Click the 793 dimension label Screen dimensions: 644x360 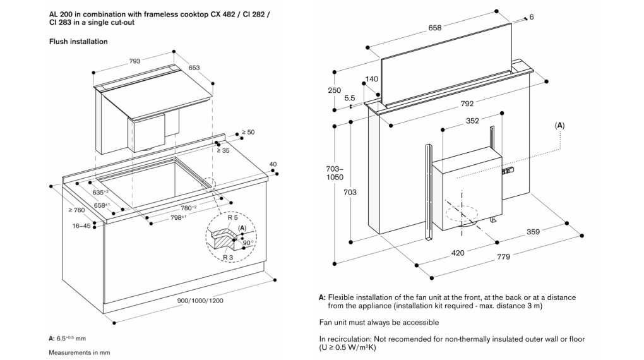point(134,61)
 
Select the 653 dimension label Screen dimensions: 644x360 point(194,68)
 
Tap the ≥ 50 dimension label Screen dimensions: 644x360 point(248,133)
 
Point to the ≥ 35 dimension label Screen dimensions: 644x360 point(224,150)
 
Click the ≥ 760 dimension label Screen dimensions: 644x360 point(77,210)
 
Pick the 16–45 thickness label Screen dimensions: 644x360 point(81,225)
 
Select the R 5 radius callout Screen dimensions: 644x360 point(232,217)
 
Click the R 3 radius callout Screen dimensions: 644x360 point(227,257)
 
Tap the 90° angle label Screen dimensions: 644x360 point(247,243)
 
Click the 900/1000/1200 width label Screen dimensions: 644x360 point(200,301)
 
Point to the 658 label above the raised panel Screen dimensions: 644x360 point(434,28)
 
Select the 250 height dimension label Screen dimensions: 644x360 point(335,90)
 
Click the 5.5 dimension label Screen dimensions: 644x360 point(350,99)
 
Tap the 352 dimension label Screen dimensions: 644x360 point(472,121)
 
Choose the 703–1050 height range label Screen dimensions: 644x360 point(335,173)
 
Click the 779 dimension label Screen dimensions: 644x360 point(504,257)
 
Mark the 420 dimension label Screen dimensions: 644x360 point(458,253)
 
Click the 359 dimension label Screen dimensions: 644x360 point(533,232)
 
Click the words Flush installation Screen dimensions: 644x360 point(78,42)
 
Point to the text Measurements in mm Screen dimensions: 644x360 point(80,352)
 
